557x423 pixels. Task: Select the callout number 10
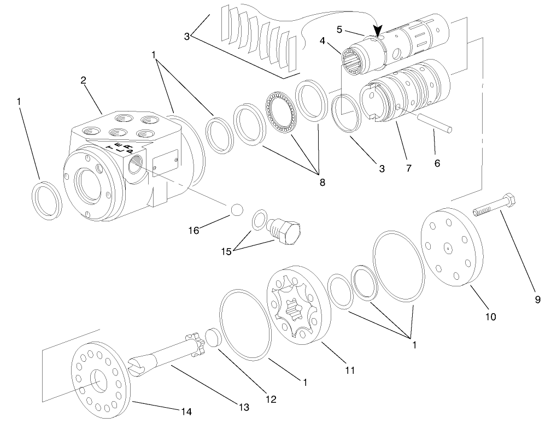click(491, 316)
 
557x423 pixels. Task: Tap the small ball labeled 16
click(236, 210)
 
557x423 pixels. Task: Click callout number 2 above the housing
click(83, 80)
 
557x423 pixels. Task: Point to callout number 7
click(408, 169)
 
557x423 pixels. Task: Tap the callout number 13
click(243, 407)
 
